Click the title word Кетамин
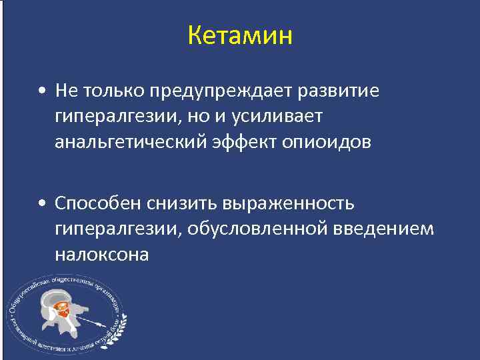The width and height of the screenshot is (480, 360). point(240,35)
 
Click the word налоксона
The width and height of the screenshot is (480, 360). point(102,255)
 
